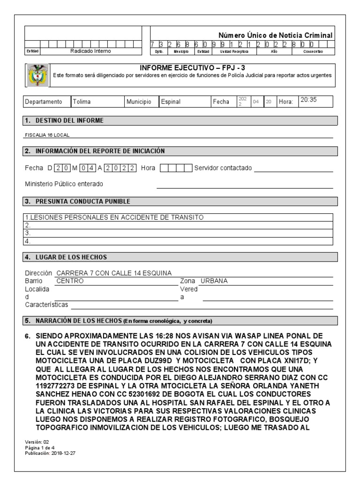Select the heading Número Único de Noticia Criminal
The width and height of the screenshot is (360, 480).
(276, 35)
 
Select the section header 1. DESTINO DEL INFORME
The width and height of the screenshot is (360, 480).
(64, 121)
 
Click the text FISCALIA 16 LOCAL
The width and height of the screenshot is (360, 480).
(45, 135)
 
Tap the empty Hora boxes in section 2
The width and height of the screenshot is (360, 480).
(176, 168)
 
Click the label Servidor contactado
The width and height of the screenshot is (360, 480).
(223, 168)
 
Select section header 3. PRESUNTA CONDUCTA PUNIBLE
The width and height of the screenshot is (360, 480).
(77, 202)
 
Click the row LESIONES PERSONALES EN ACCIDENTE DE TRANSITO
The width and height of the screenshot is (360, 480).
(114, 217)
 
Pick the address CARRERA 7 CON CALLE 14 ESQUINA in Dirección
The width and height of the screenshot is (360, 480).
(114, 273)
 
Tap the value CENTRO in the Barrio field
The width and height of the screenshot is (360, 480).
(70, 281)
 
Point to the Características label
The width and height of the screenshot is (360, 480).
(46, 305)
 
